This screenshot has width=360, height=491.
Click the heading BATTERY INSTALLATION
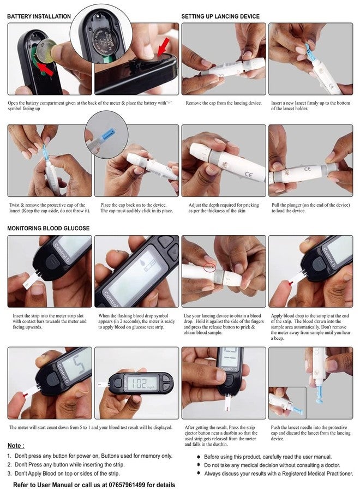pyautogui.click(x=39, y=16)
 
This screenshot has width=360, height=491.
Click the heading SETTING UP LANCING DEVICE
pyautogui.click(x=220, y=16)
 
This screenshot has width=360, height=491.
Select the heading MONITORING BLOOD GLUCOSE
pyautogui.click(x=48, y=228)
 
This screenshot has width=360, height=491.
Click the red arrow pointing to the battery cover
pyautogui.click(x=163, y=47)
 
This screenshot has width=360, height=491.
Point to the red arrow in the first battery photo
pyautogui.click(x=45, y=69)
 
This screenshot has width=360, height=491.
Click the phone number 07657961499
pyautogui.click(x=127, y=485)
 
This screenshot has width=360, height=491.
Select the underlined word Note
pyautogui.click(x=15, y=446)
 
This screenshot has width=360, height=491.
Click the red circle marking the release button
pyautogui.click(x=209, y=267)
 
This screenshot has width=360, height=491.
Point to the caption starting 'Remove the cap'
pyautogui.click(x=224, y=103)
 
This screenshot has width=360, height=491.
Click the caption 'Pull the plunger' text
pyautogui.click(x=310, y=208)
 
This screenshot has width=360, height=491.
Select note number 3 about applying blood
pyautogui.click(x=64, y=474)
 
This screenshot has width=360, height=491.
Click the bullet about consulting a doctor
pyautogui.click(x=268, y=465)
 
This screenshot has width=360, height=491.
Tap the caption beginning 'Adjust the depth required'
pyautogui.click(x=224, y=208)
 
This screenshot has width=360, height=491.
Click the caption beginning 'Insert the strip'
pyautogui.click(x=50, y=321)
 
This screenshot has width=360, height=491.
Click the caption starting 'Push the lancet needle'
pyautogui.click(x=310, y=433)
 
